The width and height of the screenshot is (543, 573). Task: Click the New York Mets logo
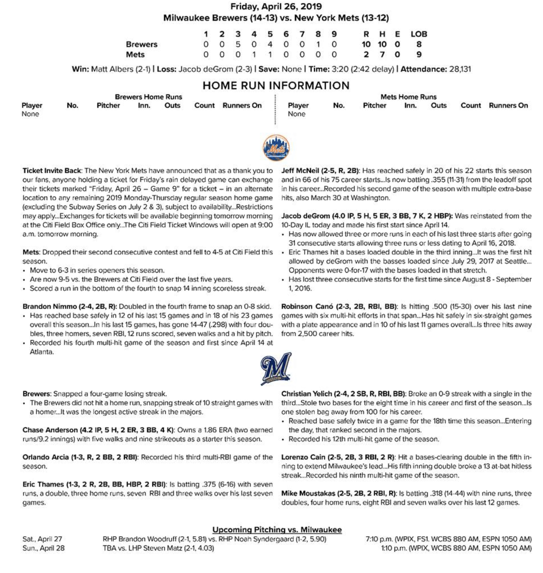pyautogui.click(x=276, y=147)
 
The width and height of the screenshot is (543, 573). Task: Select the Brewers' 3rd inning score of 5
pyautogui.click(x=237, y=44)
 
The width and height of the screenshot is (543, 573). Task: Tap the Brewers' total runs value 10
pyautogui.click(x=366, y=44)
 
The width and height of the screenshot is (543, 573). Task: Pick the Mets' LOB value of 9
pyautogui.click(x=418, y=55)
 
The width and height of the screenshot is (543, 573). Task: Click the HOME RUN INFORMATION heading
pyautogui.click(x=276, y=86)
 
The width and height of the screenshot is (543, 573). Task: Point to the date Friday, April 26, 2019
pyautogui.click(x=276, y=7)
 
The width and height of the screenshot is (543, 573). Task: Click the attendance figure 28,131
pyautogui.click(x=460, y=69)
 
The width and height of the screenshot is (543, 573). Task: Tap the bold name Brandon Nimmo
pyautogui.click(x=46, y=307)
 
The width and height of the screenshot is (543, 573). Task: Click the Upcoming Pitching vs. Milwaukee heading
pyautogui.click(x=277, y=530)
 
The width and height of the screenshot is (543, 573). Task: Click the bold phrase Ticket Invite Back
pyautogui.click(x=52, y=171)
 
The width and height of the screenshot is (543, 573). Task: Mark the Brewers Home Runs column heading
pyautogui.click(x=148, y=97)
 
